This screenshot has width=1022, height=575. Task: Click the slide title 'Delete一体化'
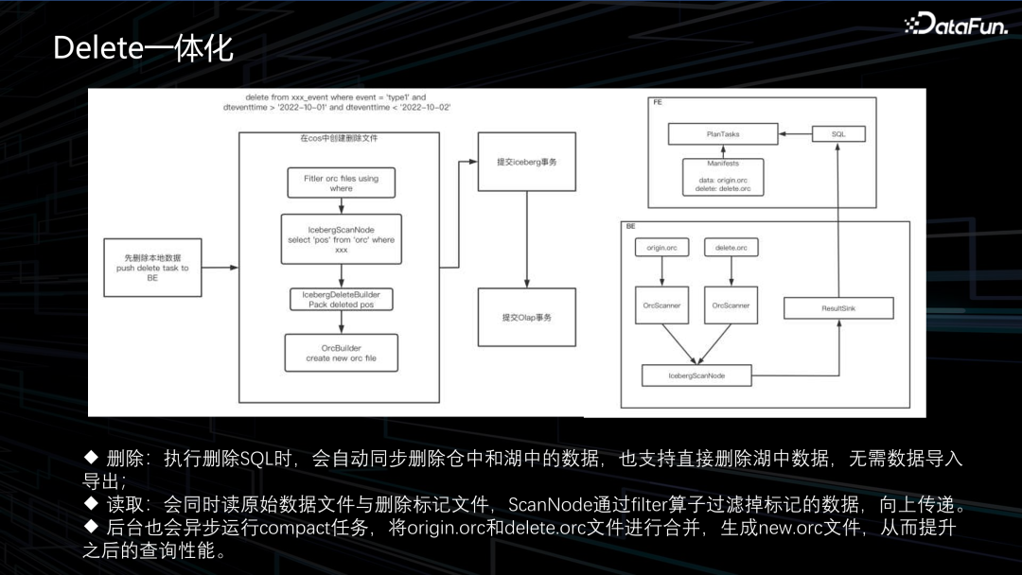143,47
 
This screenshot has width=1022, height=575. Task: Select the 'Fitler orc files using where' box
341,183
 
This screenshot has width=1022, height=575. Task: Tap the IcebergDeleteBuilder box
341,300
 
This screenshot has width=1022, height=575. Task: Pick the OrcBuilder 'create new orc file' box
341,353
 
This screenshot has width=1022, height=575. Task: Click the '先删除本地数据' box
151,268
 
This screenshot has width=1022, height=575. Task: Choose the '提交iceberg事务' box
526,162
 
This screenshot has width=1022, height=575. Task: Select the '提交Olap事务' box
526,317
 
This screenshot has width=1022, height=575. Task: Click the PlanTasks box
723,134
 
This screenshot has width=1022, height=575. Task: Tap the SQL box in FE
838,134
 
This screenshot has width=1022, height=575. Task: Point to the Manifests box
723,177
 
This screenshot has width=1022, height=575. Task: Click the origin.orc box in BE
661,248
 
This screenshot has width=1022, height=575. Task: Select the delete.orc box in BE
731,248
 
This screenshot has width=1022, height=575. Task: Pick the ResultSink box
838,308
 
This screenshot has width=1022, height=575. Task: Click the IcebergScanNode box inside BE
696,375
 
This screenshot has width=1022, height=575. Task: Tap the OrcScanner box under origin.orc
661,305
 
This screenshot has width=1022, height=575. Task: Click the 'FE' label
658,101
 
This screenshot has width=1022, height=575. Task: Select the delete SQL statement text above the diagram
336,102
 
